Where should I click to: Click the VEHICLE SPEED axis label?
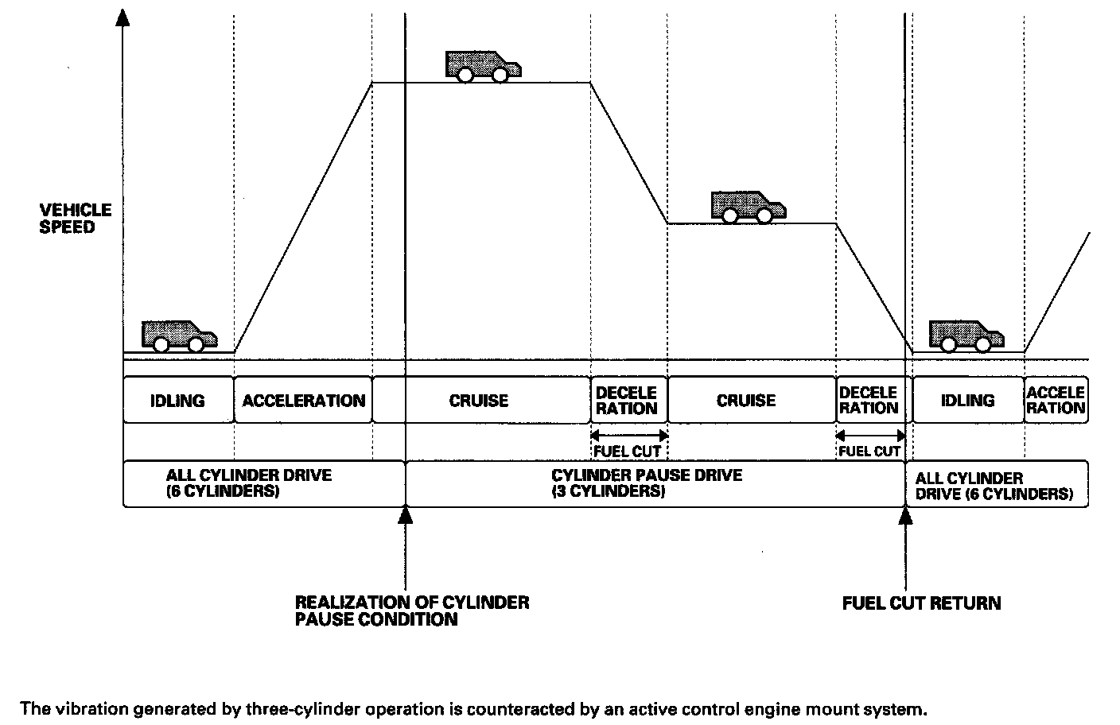(x=76, y=219)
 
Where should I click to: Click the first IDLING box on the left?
(x=177, y=401)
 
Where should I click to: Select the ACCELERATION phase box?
(x=303, y=401)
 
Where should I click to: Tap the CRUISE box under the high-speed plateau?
(x=479, y=401)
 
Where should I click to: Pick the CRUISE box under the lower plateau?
(x=746, y=401)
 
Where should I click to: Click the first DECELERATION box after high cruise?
(x=627, y=401)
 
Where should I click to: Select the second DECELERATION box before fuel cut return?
(x=869, y=401)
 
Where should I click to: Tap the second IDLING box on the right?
(x=967, y=401)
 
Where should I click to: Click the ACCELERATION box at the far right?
(x=1056, y=401)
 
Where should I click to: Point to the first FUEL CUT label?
(x=628, y=452)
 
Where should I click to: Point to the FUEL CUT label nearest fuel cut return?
(x=869, y=452)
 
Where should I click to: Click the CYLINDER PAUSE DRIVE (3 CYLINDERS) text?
(x=647, y=483)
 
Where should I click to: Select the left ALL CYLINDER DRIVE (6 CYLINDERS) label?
(x=248, y=483)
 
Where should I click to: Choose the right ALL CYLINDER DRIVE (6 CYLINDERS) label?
(x=994, y=486)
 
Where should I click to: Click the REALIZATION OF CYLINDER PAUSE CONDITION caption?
(x=412, y=611)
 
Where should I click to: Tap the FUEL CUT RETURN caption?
(x=921, y=603)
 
